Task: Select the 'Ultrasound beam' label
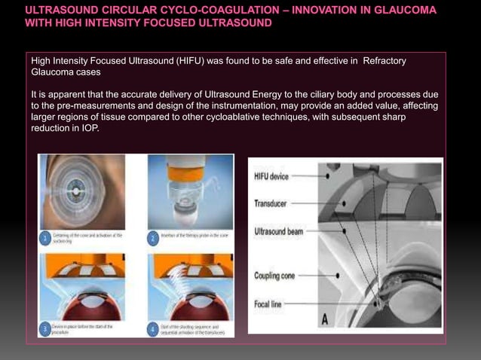(279, 231)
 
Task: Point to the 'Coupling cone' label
(275, 276)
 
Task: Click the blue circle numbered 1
(45, 239)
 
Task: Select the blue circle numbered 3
(45, 329)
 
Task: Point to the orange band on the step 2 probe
(185, 174)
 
